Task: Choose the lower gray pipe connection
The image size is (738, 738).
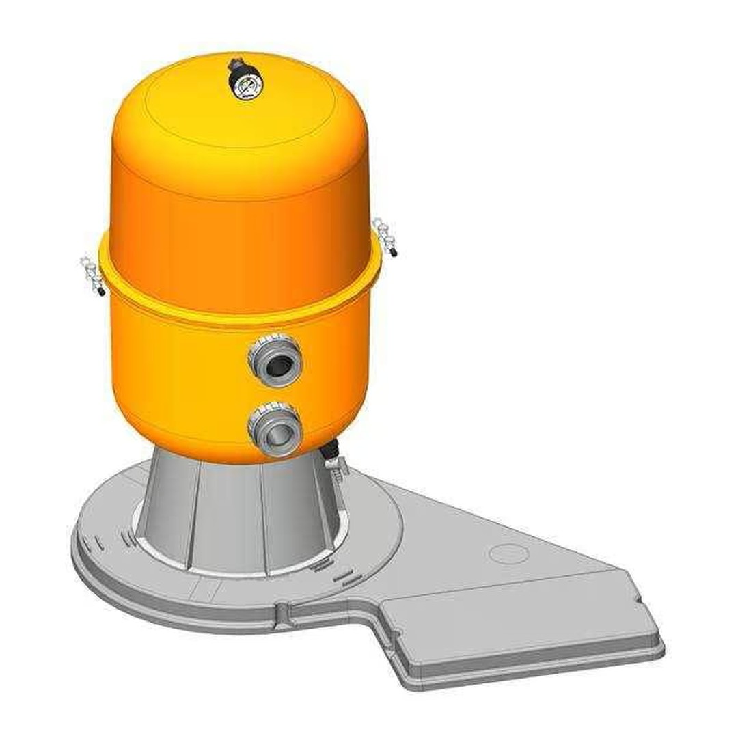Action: click(275, 428)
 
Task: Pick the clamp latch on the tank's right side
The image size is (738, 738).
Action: click(384, 235)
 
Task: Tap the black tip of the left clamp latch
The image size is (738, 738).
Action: click(102, 292)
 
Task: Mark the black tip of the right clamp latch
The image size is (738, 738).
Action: click(394, 253)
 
